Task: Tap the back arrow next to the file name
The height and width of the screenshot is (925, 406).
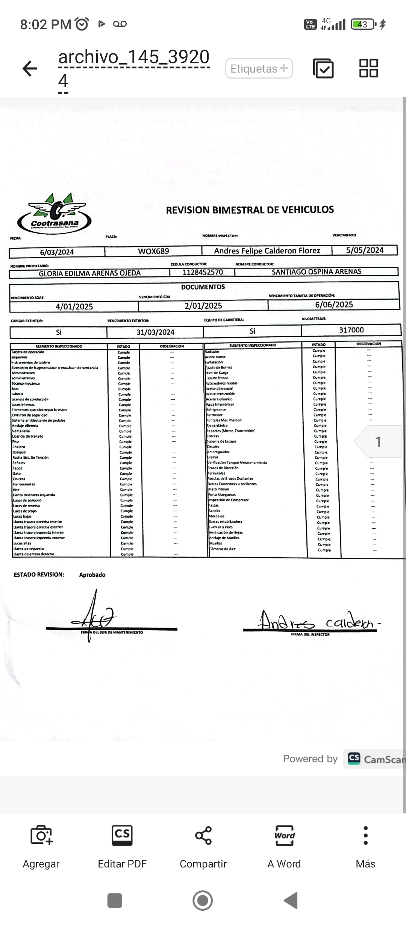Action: click(x=30, y=68)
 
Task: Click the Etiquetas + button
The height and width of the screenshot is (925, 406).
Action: click(x=259, y=68)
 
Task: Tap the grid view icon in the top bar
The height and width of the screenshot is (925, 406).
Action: click(x=368, y=68)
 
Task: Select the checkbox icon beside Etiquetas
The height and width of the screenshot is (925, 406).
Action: click(x=323, y=68)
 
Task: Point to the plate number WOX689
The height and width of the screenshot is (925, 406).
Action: click(x=153, y=251)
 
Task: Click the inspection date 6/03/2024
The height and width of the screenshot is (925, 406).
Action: click(x=57, y=252)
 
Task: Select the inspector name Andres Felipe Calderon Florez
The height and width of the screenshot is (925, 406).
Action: click(x=267, y=251)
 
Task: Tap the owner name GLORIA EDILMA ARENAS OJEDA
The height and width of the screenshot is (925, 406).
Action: click(x=89, y=273)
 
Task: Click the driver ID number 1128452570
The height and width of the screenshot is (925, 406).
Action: click(x=203, y=272)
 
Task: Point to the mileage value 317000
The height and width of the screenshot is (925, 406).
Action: click(x=351, y=330)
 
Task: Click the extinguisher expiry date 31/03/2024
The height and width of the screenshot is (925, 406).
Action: click(x=155, y=332)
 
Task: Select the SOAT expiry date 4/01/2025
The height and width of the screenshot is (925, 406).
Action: click(x=74, y=307)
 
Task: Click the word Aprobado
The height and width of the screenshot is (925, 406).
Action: click(x=92, y=575)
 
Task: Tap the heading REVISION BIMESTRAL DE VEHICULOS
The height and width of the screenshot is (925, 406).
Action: click(x=250, y=210)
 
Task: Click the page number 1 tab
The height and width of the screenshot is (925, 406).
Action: click(x=378, y=442)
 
